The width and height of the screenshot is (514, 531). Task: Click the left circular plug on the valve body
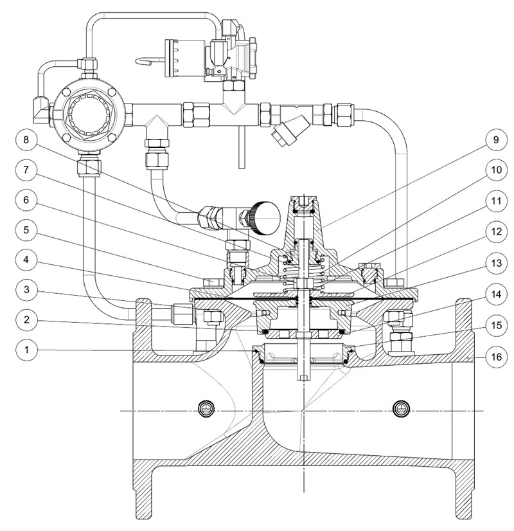(206, 408)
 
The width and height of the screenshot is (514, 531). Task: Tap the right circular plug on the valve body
(402, 408)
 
